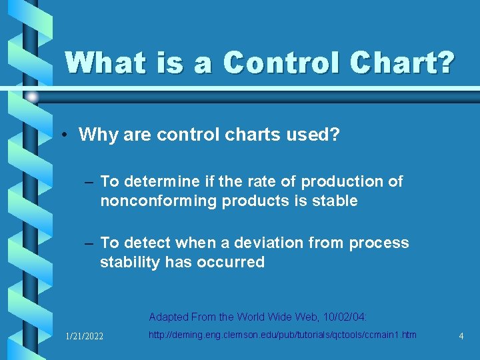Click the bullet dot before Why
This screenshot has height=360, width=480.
click(66, 136)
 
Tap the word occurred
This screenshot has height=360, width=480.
click(231, 262)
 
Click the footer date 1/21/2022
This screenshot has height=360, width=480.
click(84, 336)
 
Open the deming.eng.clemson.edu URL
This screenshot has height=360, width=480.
click(282, 335)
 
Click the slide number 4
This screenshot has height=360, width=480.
click(461, 336)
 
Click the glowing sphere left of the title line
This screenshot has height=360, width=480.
click(32, 97)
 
